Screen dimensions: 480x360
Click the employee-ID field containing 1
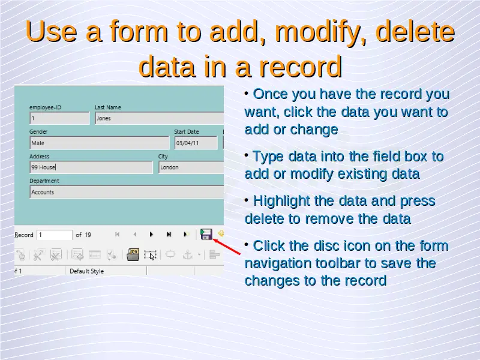tap(59, 118)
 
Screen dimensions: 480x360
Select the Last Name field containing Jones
tap(160, 118)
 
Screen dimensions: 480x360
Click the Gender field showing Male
tap(100, 143)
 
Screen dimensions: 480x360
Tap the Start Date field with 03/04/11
tap(196, 143)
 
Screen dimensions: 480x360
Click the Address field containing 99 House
tap(91, 167)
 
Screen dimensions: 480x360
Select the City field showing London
tap(191, 167)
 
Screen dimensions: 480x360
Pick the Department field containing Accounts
tap(127, 192)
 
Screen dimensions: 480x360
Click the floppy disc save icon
tap(206, 234)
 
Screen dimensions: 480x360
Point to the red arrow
tap(227, 247)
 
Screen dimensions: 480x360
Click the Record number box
tap(55, 235)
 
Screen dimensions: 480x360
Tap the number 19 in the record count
tap(88, 235)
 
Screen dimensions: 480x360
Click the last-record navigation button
tap(169, 235)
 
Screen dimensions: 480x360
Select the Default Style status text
tap(86, 271)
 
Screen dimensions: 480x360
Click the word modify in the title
tap(320, 32)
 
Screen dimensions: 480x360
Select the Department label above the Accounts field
tap(44, 181)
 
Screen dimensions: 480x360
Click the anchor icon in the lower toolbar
tap(187, 254)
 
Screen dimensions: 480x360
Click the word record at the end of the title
tap(301, 67)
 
